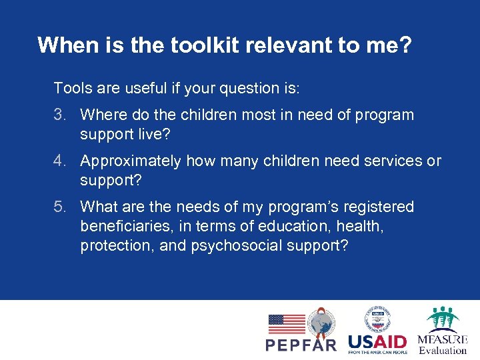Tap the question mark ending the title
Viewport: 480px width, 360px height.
(405, 45)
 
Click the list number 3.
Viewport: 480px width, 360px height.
(60, 115)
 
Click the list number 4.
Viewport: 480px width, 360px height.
(60, 161)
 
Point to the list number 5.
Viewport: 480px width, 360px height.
(60, 207)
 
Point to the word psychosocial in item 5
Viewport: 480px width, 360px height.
(237, 245)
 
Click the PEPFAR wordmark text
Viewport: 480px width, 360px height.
(301, 345)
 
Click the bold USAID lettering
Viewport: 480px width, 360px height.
(377, 342)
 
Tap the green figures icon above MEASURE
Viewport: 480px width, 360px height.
(443, 319)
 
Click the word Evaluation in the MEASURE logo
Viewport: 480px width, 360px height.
(443, 350)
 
